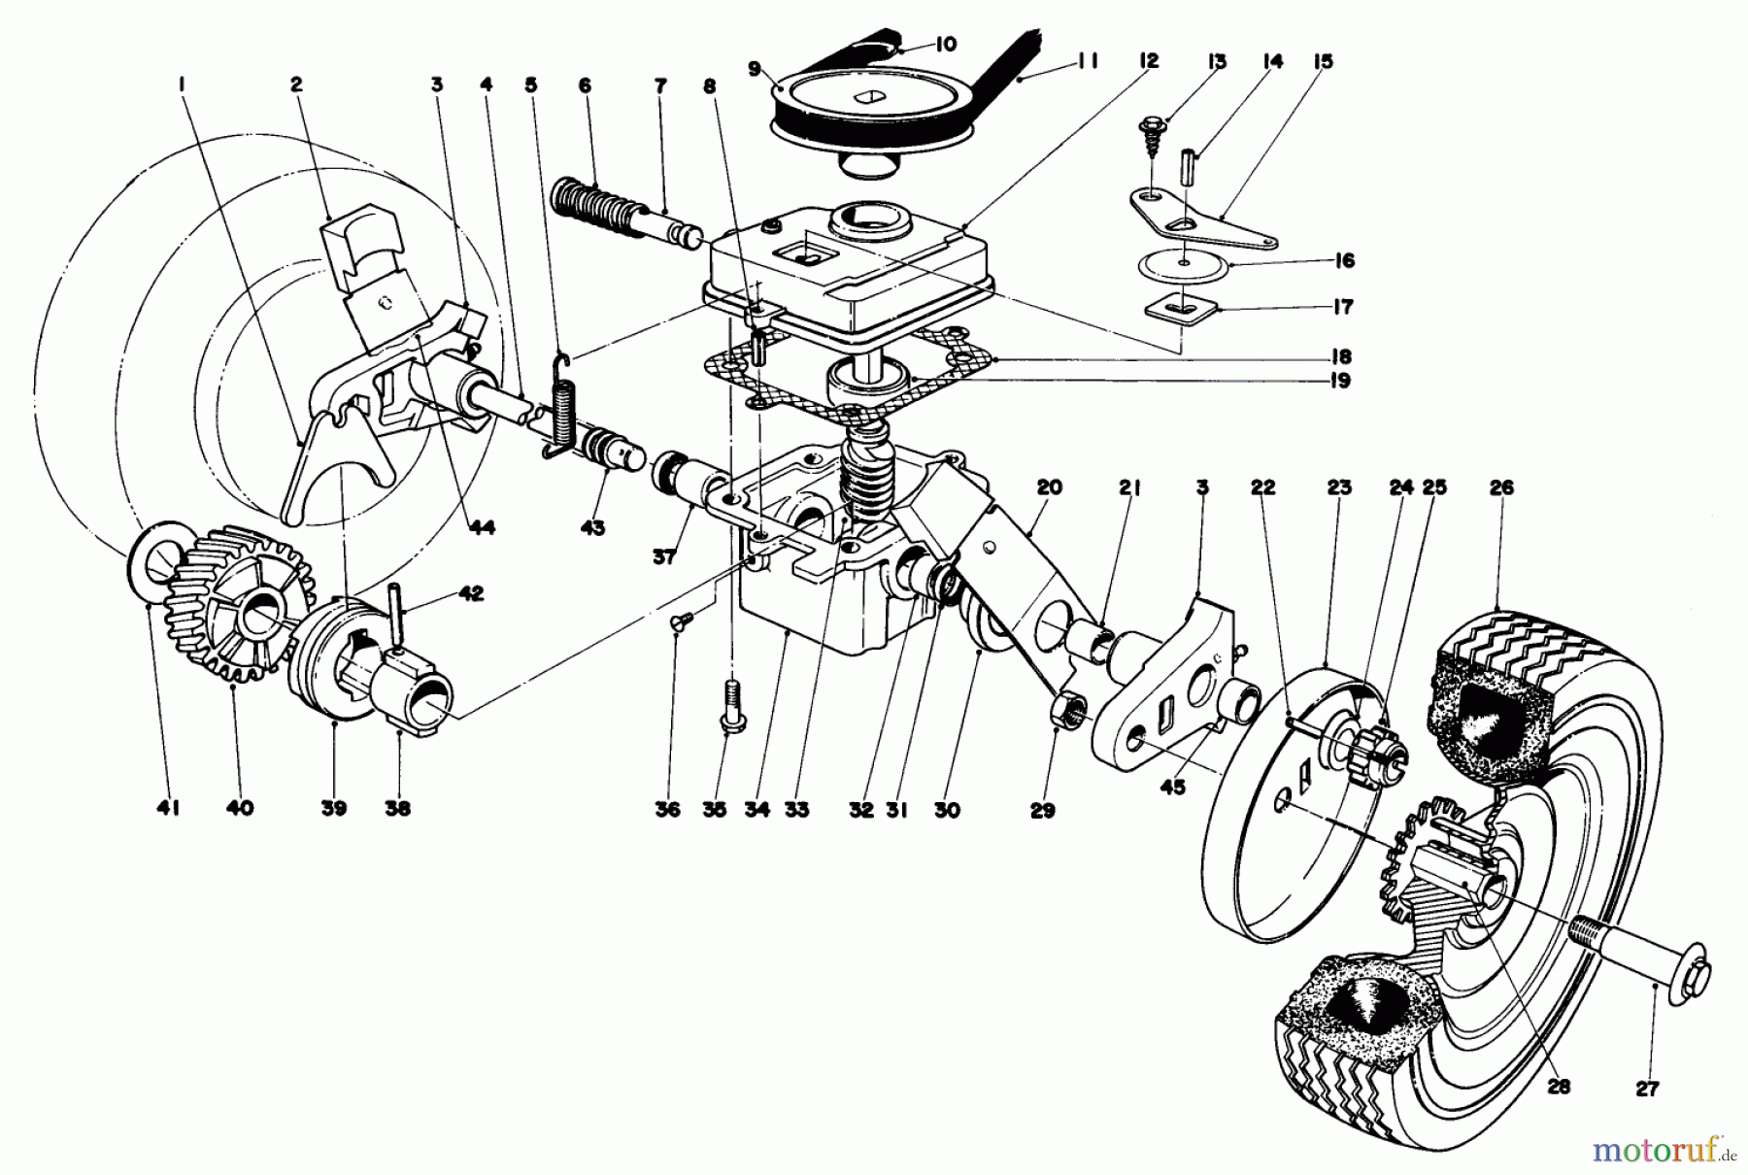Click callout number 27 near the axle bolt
[1647, 1089]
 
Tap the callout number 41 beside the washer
[148, 807]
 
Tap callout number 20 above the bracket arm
[1049, 487]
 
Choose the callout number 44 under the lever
[482, 527]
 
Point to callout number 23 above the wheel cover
[1339, 487]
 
